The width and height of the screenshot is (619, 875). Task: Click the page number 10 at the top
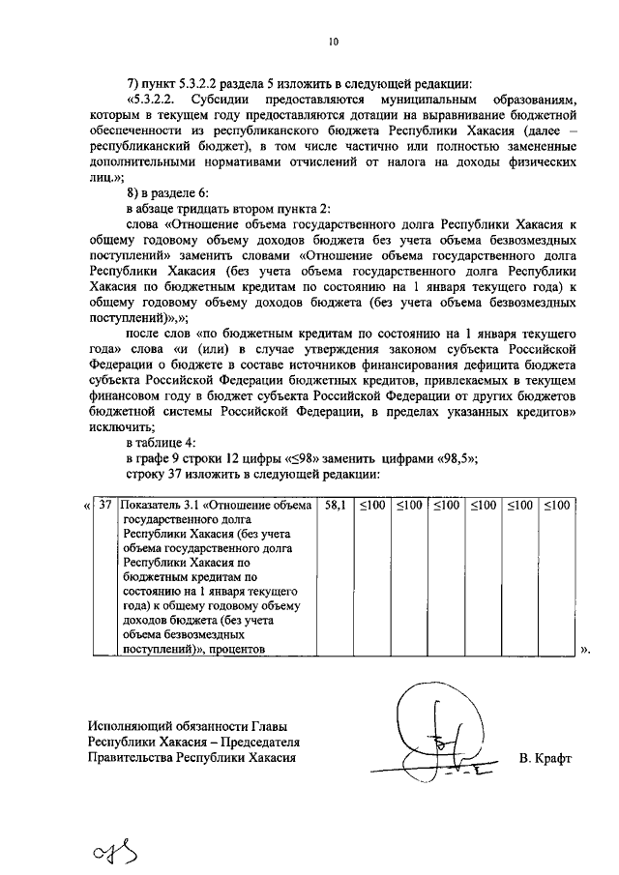(x=332, y=42)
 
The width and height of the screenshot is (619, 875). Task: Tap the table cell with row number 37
(x=105, y=505)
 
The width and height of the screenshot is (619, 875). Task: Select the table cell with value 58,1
(x=335, y=505)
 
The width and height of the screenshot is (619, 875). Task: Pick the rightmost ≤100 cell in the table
(x=555, y=505)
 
